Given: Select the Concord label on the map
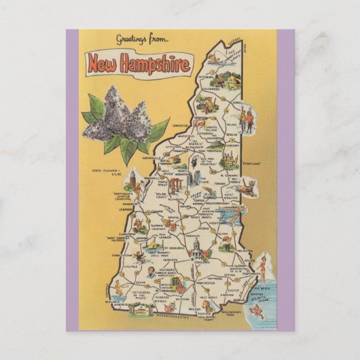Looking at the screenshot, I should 200,262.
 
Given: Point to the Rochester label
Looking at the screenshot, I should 243,251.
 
